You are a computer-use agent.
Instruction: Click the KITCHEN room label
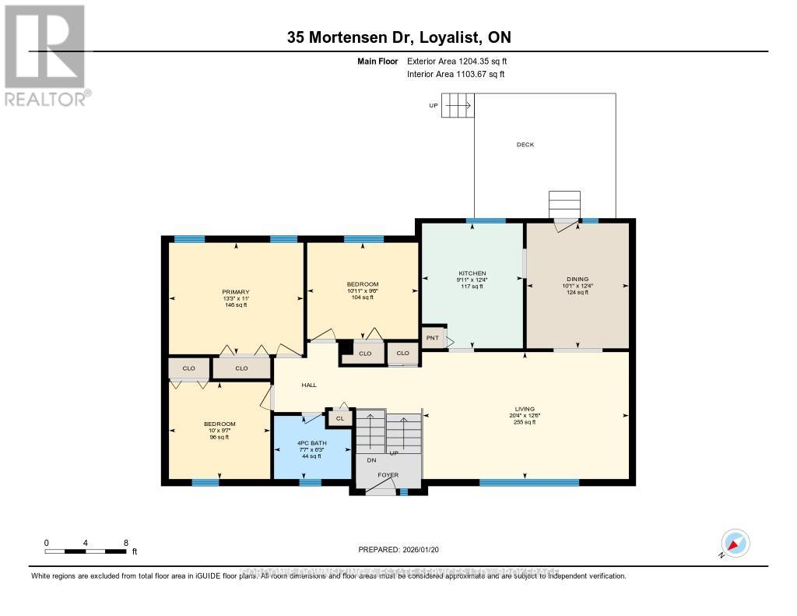472,273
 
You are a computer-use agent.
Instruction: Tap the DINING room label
578,279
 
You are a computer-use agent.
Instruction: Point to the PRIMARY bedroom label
235,292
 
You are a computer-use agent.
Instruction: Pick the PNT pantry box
432,338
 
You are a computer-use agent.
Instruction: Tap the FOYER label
388,473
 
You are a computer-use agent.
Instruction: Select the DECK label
525,144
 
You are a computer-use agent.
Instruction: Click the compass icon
736,542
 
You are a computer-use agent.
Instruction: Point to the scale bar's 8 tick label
125,543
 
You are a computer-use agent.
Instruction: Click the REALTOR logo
45,55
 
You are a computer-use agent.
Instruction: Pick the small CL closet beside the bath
339,418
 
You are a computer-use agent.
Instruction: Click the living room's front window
528,483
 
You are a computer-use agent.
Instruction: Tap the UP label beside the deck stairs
433,105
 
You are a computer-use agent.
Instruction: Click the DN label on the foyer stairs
372,459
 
